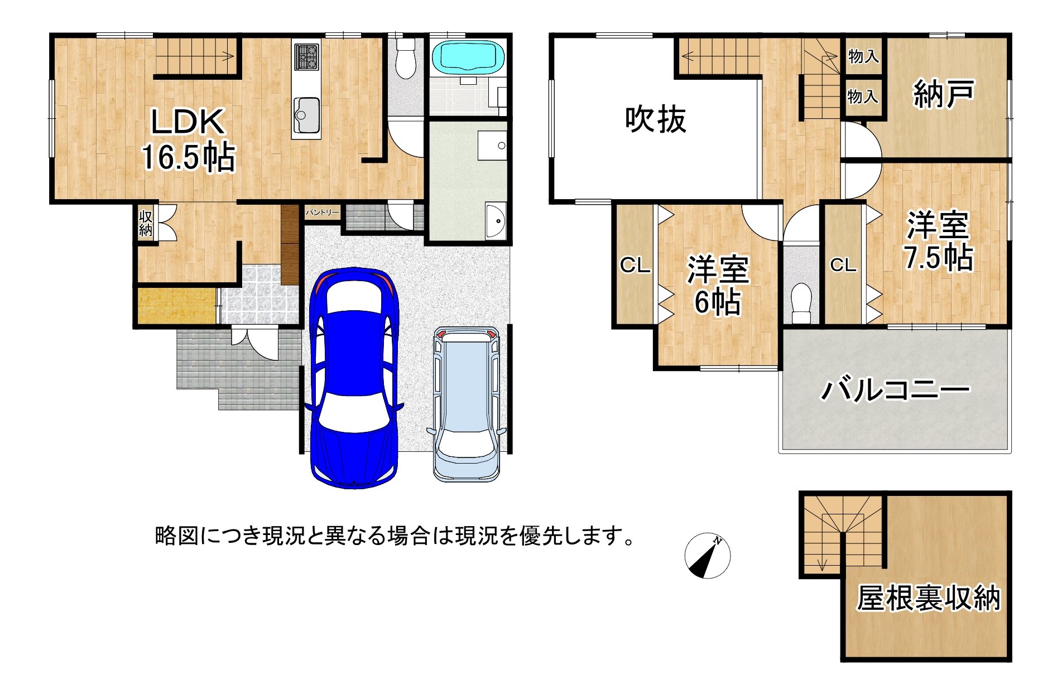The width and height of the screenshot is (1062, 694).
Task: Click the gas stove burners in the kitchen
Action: [x=306, y=57]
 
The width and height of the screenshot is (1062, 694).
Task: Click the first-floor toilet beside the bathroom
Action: [x=406, y=60]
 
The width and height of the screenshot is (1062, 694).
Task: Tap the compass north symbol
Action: [x=707, y=556]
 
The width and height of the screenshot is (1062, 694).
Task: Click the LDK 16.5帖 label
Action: [x=188, y=139]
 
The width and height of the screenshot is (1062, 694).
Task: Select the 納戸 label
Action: [x=944, y=93]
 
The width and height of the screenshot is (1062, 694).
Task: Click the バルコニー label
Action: [x=895, y=389]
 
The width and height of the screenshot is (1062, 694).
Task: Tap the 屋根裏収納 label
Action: [x=928, y=598]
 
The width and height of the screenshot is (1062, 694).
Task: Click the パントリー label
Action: [x=322, y=213]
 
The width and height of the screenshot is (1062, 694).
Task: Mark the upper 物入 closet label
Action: [x=863, y=56]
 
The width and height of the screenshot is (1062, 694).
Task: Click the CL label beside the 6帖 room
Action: [x=635, y=265]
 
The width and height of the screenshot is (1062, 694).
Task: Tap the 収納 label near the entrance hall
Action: [x=146, y=223]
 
